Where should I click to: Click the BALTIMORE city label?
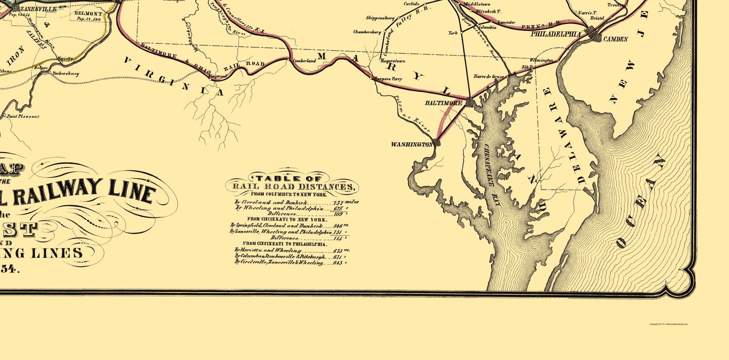coord(443,103)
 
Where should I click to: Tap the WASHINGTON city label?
coord(411,144)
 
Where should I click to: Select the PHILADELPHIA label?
coord(555,34)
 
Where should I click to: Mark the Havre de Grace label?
coord(488,77)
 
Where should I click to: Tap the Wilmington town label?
coord(541,60)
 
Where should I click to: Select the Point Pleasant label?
coord(23,116)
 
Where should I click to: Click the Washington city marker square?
coord(436,143)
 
